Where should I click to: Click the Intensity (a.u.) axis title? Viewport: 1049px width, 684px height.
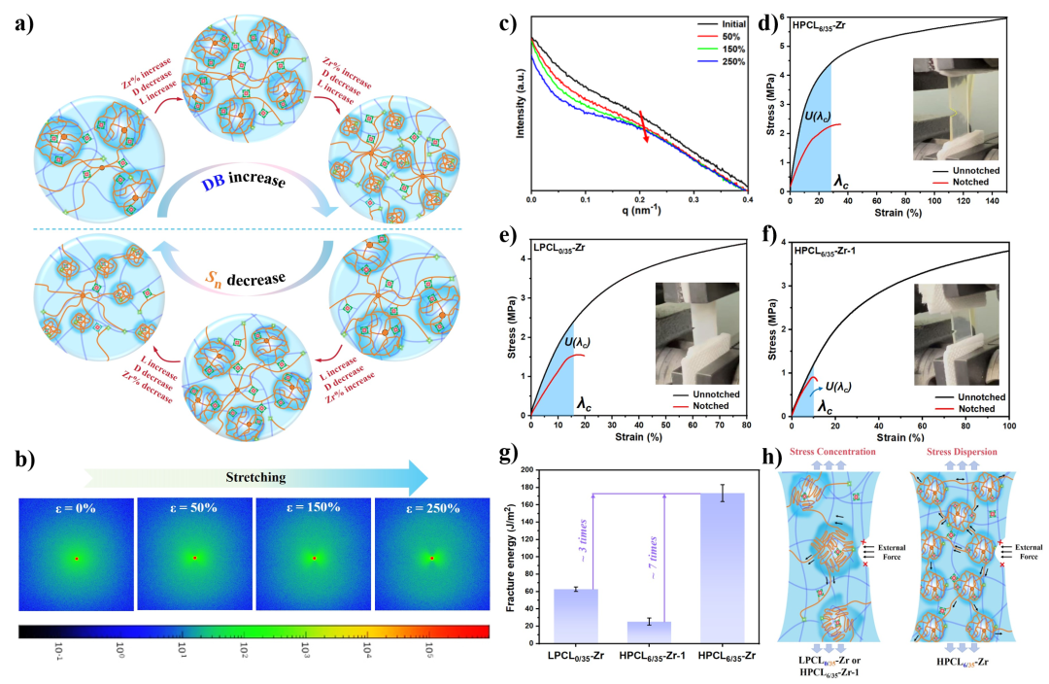[x=521, y=101]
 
